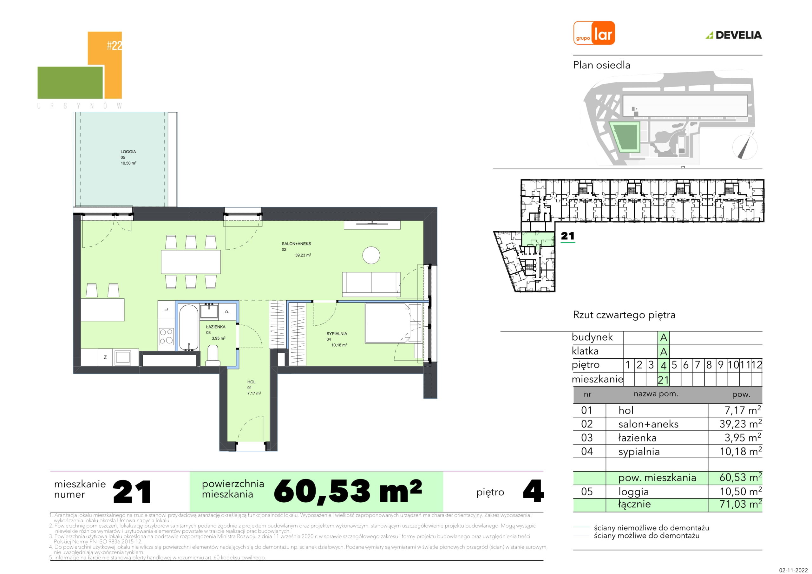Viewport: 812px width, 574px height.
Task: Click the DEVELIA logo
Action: (x=734, y=35)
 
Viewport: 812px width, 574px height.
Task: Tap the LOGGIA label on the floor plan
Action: (x=128, y=151)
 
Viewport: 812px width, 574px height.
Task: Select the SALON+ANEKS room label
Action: (x=296, y=244)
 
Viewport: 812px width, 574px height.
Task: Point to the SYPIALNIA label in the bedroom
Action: (x=337, y=334)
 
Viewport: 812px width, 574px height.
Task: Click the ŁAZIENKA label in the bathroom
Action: (x=216, y=327)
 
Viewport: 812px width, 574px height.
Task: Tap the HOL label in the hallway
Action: (x=251, y=382)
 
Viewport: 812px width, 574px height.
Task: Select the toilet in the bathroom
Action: (x=213, y=355)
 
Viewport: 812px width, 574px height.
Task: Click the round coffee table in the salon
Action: (x=371, y=255)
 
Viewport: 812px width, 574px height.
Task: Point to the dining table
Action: (x=191, y=262)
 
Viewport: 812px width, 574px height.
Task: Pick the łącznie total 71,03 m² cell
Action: (x=741, y=504)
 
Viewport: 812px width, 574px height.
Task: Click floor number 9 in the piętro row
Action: (x=721, y=365)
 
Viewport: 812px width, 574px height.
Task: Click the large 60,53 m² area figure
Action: (x=348, y=491)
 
